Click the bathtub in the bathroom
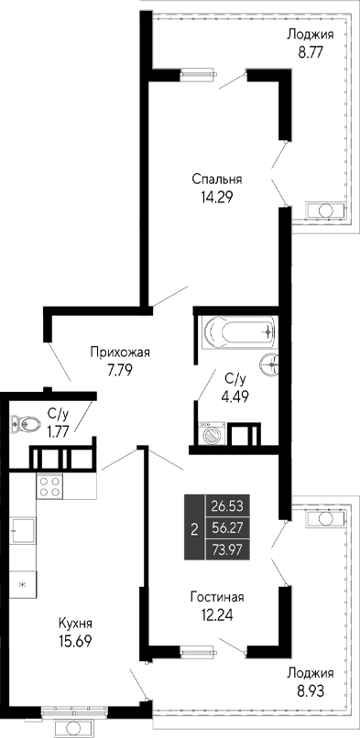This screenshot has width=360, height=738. pos(235,331)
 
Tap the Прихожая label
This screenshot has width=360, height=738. pos(119,352)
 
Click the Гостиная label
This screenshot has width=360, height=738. pos(218,597)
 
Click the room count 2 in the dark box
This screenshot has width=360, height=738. pos(193,526)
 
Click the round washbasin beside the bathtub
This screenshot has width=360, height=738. pos(269,364)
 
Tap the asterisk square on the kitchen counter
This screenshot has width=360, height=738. pos(23,581)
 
